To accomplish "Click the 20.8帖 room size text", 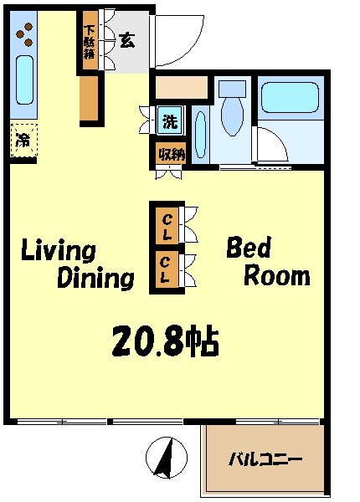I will coord(165,341).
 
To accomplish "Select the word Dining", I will coord(95,278).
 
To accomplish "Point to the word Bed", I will coord(248,248).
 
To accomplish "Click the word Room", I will coord(276,276).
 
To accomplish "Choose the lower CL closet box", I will coord(167,271).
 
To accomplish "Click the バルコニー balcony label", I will coord(266,459).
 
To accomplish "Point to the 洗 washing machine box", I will coord(170,120).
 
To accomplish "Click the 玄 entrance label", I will coord(126,39).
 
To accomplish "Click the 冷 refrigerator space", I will coord(23,141).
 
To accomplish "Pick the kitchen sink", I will coord(24,79).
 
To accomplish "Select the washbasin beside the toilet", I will coord(200,131).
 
